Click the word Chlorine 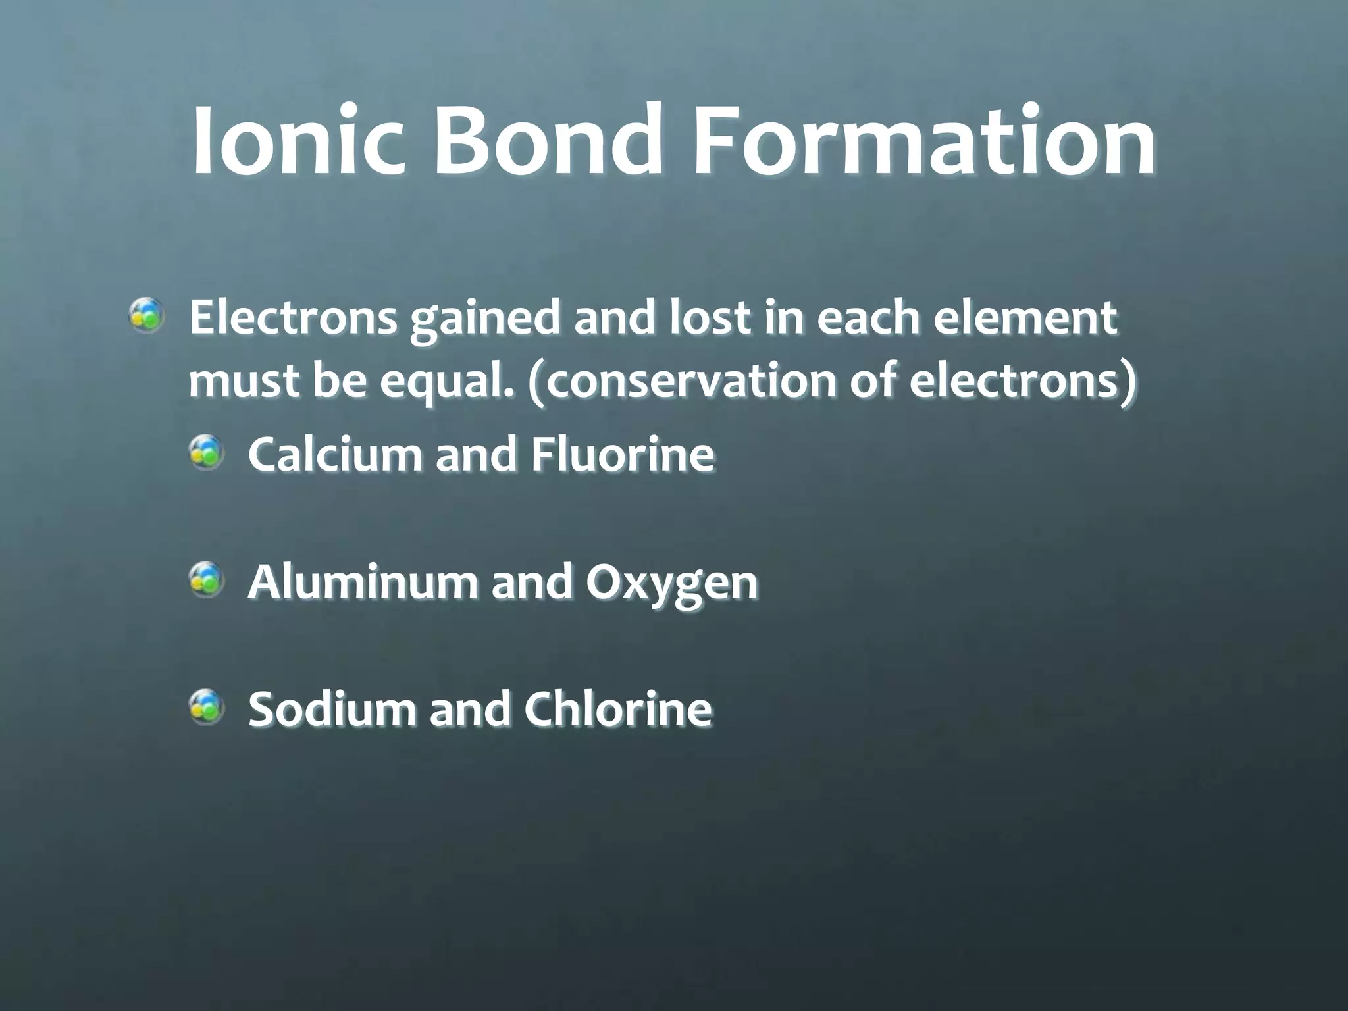[x=618, y=709]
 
